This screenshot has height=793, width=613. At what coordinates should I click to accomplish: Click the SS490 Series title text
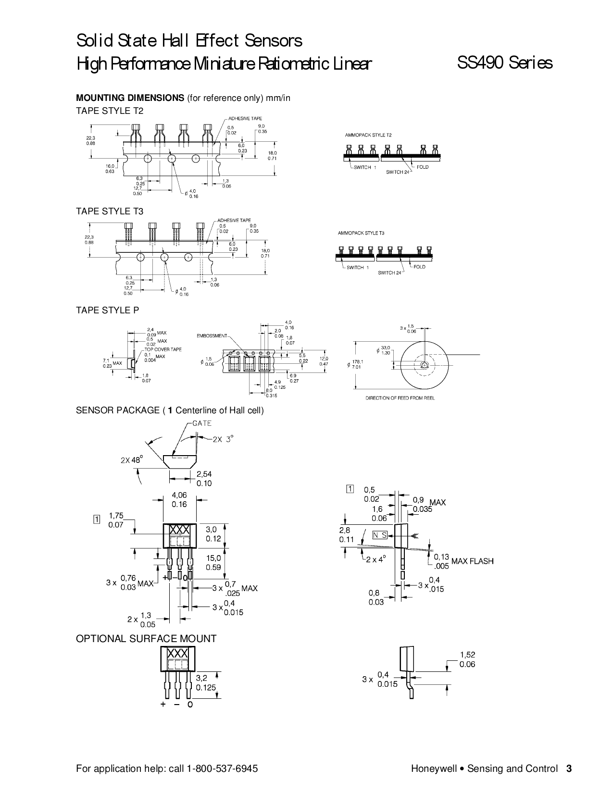tap(504, 63)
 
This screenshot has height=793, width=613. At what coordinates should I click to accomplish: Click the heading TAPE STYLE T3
tap(110, 211)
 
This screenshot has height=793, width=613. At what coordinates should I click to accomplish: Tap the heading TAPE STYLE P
tap(108, 310)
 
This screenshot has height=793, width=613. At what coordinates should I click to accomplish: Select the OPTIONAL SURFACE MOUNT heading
tap(146, 638)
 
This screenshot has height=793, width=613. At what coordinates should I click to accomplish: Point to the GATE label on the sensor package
tap(201, 423)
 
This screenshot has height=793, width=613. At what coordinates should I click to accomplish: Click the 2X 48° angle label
tap(132, 460)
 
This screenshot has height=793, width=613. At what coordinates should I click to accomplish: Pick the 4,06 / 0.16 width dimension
tap(179, 499)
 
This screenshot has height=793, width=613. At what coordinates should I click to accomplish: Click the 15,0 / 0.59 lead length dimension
tap(213, 562)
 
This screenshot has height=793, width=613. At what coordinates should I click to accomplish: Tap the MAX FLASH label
tap(472, 561)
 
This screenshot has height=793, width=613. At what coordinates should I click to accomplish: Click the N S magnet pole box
tap(380, 535)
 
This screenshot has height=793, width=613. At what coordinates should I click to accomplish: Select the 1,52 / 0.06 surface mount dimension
tap(467, 659)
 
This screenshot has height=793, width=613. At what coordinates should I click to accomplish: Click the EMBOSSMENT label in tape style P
tap(212, 335)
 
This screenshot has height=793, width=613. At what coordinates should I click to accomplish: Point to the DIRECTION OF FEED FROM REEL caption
tap(400, 398)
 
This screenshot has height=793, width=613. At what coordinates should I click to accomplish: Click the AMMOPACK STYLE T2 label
tap(368, 135)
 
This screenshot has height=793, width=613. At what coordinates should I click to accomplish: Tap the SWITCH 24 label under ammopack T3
tap(389, 273)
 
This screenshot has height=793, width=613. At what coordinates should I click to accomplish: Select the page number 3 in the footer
tap(569, 768)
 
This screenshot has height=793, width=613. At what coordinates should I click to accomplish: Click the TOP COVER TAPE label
tap(163, 349)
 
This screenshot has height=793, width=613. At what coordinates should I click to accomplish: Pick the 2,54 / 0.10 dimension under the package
tap(204, 479)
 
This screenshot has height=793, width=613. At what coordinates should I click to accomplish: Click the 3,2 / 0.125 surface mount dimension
tap(206, 682)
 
